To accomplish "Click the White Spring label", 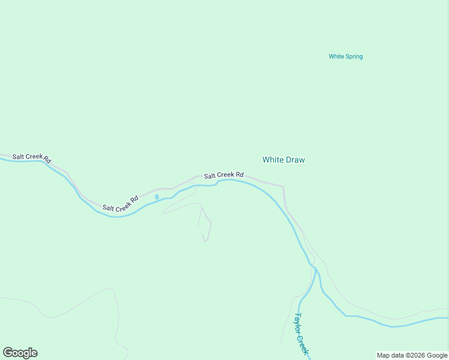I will click(346, 57).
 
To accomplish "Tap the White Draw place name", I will click(284, 160).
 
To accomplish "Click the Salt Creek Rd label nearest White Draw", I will click(224, 175).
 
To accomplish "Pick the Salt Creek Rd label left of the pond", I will click(121, 203).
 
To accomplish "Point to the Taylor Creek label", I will click(301, 334).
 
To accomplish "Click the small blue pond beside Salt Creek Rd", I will click(157, 196).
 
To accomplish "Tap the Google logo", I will click(20, 353).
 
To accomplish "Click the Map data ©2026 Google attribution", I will click(412, 355).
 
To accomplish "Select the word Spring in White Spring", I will click(354, 57).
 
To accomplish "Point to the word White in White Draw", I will click(273, 160).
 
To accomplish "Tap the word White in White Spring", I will click(336, 57).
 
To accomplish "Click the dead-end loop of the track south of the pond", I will click(205, 239).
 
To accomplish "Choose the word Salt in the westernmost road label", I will click(18, 156).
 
